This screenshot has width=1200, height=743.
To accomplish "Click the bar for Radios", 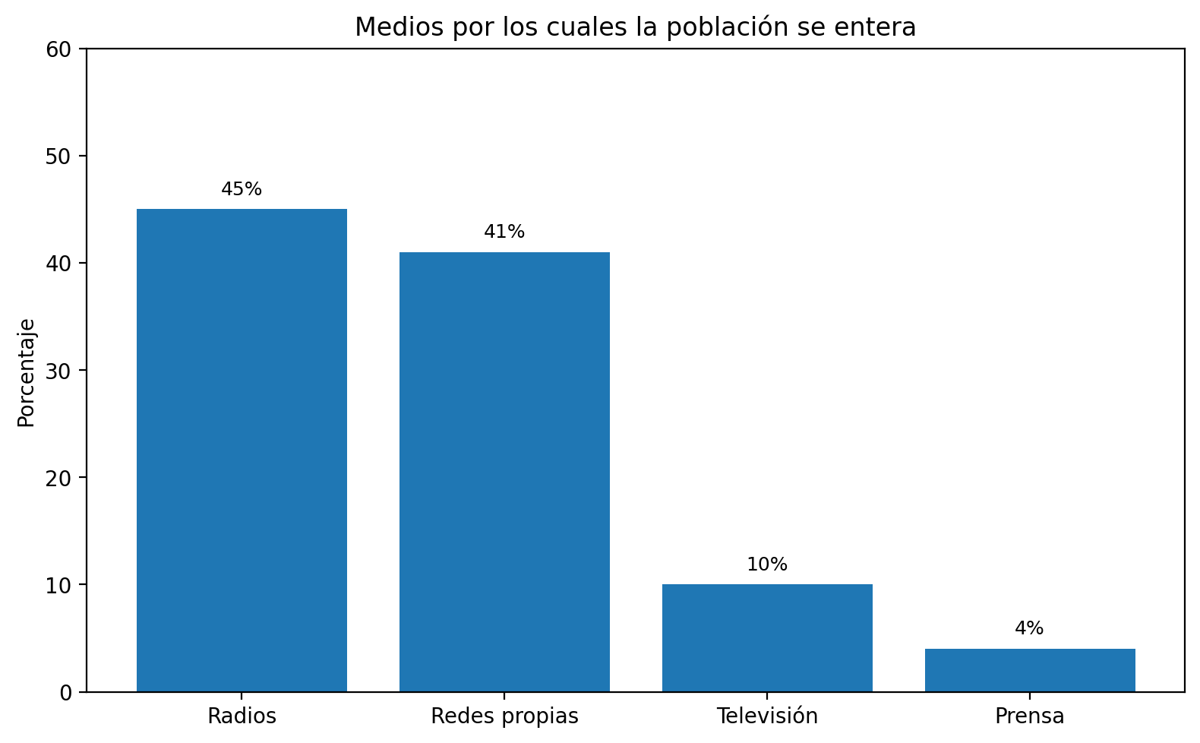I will [242, 450].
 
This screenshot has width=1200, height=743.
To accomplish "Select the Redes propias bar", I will [504, 471].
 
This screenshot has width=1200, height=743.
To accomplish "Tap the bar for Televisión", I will [767, 637].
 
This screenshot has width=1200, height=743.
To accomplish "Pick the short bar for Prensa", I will [1029, 669].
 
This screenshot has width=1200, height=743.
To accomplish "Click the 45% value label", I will [242, 189].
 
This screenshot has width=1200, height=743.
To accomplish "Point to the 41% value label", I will [504, 232].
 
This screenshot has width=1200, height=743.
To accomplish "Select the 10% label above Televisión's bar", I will [767, 564].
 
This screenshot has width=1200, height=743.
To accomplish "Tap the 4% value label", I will [1029, 628].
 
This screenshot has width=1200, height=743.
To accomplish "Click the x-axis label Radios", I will [242, 716].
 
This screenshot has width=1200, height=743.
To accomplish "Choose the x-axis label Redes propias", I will [504, 716].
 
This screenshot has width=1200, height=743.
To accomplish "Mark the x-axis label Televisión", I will [767, 716].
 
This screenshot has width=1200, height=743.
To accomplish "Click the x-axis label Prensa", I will [1029, 716].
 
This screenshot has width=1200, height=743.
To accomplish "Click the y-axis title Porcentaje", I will [27, 372].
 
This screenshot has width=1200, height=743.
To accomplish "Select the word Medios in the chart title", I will [391, 27].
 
